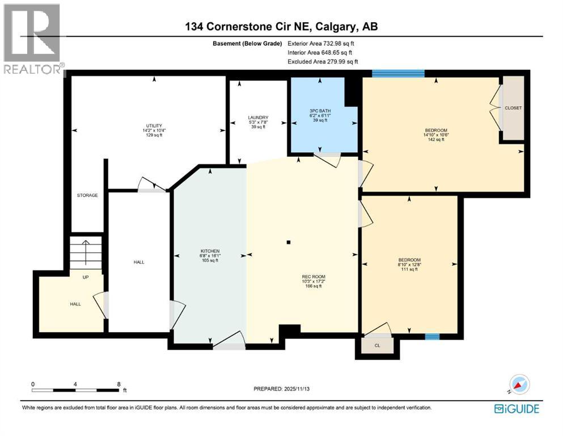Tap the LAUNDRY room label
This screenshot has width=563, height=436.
coord(245,118)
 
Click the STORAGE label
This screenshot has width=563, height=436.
coord(87,195)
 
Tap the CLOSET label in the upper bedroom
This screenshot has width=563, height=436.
coord(513,108)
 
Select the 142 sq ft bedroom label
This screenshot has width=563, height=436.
coord(435,130)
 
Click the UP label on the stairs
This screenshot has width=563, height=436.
coord(86,277)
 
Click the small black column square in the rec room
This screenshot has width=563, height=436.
coord(289,242)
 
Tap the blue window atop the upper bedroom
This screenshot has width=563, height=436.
coord(398,73)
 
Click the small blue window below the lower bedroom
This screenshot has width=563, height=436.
coord(433,337)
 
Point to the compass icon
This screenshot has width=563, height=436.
coord(516,384)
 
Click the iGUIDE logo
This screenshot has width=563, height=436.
coord(517,408)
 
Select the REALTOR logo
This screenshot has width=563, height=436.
coord(33,40)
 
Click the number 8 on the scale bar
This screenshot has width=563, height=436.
coord(118,384)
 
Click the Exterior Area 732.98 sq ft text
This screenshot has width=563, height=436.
coord(323,43)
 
